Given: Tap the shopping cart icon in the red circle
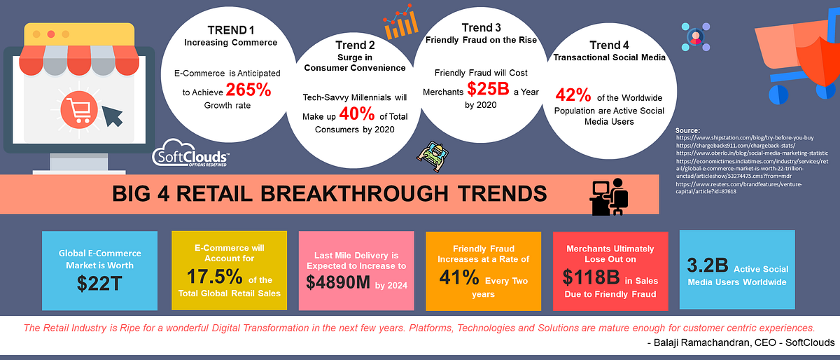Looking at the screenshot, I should [77, 109].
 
